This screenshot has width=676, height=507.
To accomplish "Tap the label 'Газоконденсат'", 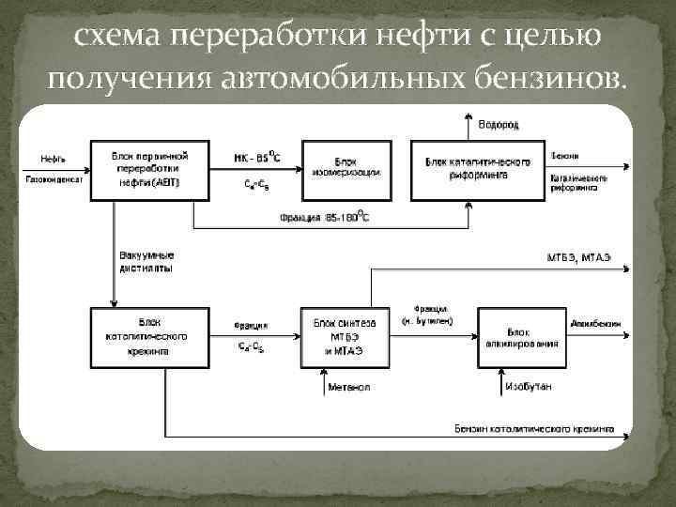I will coord(54,178).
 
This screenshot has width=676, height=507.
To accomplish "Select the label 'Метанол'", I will coord(349,387).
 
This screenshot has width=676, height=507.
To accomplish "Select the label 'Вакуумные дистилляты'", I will coord(147,261).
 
